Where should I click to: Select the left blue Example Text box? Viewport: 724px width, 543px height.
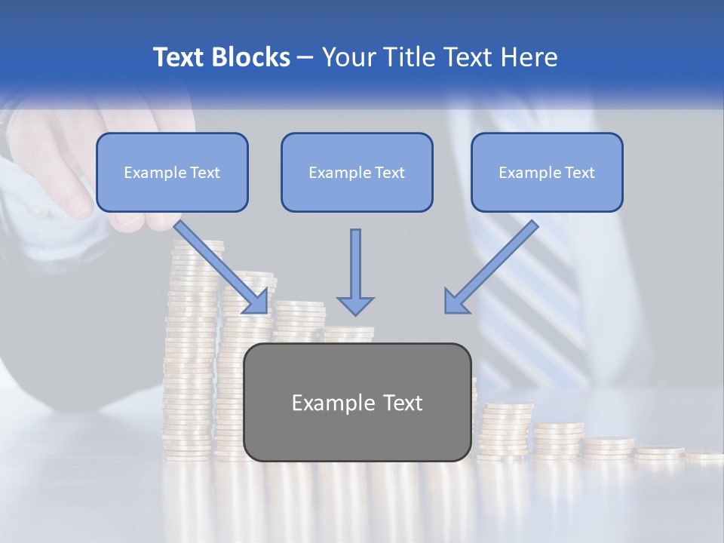point(172,172)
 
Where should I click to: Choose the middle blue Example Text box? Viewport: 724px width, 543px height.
point(357,172)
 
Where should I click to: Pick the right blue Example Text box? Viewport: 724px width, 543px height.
point(547,172)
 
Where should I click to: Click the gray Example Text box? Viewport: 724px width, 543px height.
point(357,402)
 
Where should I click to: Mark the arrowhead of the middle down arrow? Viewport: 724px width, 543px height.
point(355,305)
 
